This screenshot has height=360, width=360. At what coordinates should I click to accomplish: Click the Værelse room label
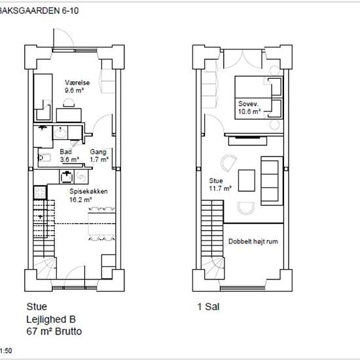(77, 82)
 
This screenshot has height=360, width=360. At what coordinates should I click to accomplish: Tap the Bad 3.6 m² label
(69, 155)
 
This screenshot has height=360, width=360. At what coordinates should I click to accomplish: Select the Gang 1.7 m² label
(99, 155)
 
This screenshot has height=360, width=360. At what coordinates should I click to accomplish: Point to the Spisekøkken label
(88, 191)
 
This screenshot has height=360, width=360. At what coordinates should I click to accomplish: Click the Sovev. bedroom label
(249, 104)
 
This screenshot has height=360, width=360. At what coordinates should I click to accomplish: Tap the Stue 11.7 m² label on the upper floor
(220, 185)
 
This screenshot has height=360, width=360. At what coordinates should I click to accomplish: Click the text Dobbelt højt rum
(253, 242)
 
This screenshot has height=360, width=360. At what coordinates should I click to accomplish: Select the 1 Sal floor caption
(208, 306)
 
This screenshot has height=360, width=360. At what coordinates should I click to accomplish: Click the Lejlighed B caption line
(51, 319)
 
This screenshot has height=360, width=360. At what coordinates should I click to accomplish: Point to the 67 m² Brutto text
(54, 331)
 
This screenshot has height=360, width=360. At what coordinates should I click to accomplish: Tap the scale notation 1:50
(6, 351)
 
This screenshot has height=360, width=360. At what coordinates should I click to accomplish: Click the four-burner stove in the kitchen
(40, 192)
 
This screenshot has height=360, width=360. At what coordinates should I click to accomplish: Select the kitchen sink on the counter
(67, 177)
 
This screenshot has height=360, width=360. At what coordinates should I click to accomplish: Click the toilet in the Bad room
(45, 158)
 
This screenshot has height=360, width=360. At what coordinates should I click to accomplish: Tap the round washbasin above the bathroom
(60, 132)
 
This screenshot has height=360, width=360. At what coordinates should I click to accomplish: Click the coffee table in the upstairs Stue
(247, 181)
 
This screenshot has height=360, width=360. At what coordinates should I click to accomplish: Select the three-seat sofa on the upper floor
(272, 181)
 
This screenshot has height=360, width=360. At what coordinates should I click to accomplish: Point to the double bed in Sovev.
(259, 98)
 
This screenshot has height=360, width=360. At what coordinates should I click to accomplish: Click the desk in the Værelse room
(69, 115)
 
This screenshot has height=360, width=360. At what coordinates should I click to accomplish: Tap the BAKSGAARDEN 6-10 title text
(39, 10)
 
